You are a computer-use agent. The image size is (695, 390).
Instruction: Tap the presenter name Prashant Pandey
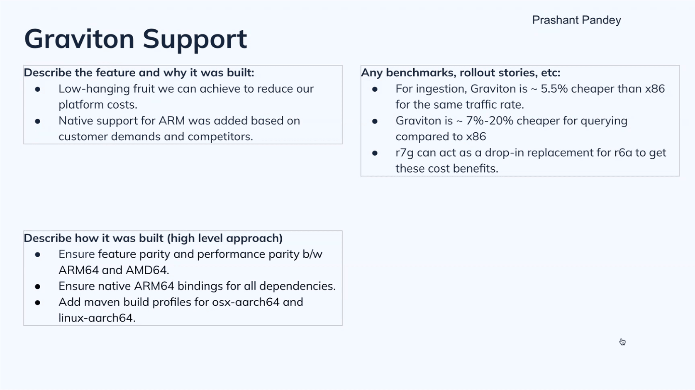click(x=576, y=20)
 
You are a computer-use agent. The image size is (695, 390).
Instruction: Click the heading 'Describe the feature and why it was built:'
click(x=139, y=73)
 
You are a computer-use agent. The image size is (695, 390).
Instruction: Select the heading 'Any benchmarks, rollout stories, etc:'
click(x=461, y=73)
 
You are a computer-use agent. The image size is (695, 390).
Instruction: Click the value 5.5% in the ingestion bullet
click(x=554, y=89)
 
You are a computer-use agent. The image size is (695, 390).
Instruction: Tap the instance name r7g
click(x=404, y=153)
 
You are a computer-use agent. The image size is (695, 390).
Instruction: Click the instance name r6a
click(x=623, y=153)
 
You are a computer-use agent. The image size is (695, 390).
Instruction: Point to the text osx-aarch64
click(x=246, y=302)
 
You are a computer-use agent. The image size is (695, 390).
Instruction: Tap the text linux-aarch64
click(x=97, y=318)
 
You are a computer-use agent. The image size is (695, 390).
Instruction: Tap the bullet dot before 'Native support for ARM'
click(x=38, y=121)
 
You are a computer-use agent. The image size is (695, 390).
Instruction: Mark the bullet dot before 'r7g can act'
click(x=375, y=153)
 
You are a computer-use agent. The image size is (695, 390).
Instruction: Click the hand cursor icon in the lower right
click(x=622, y=342)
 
